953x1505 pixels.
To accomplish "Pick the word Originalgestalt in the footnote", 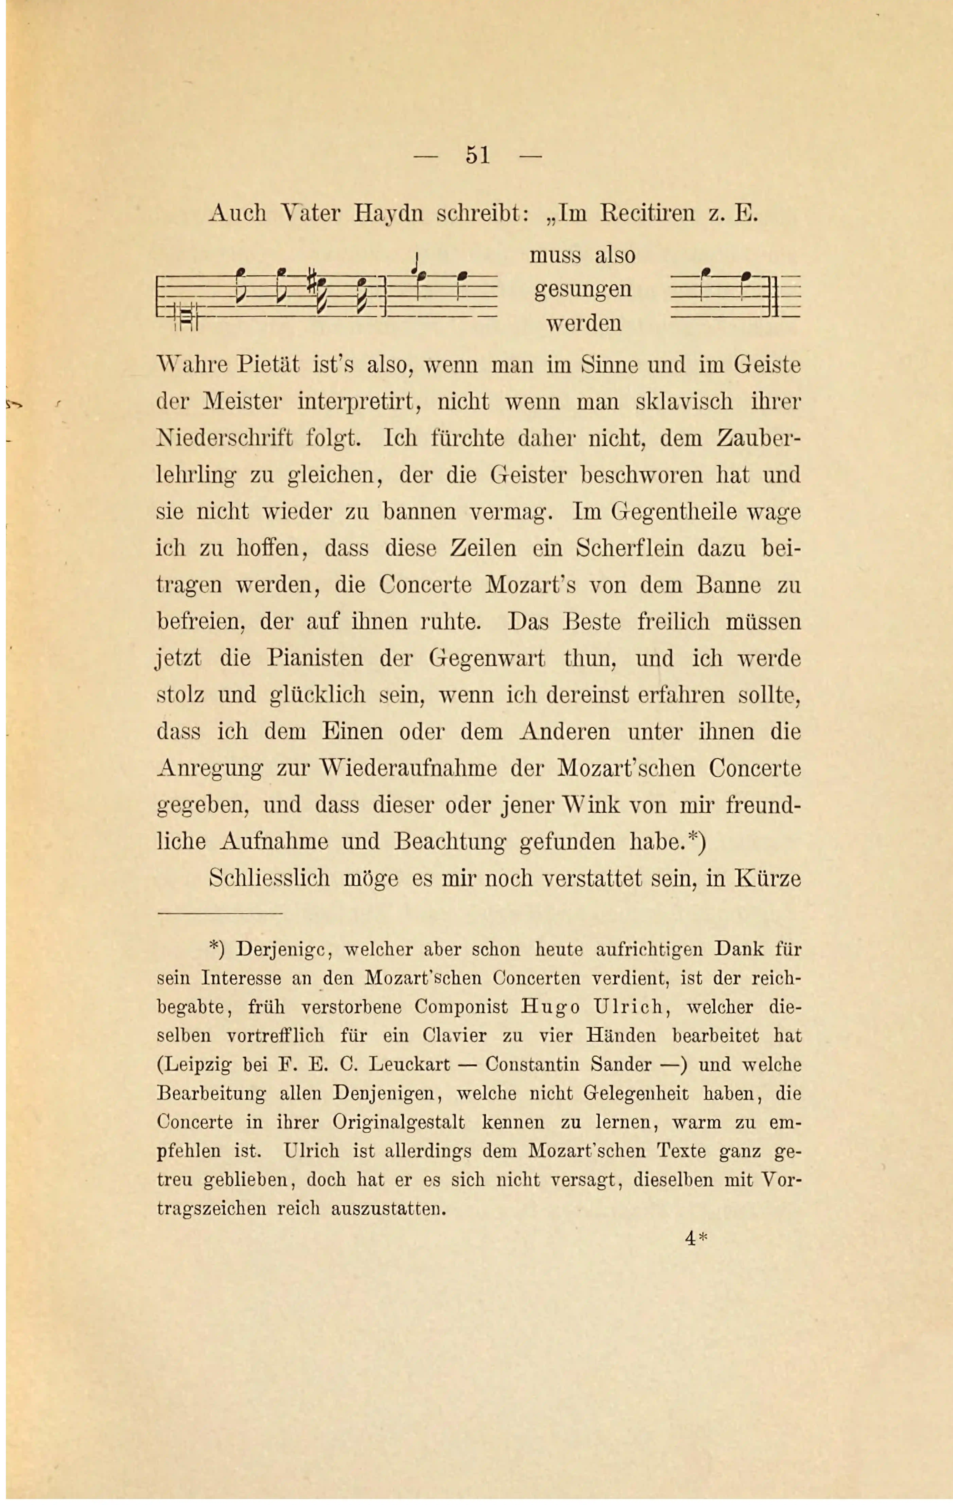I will pyautogui.click(x=399, y=1122).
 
